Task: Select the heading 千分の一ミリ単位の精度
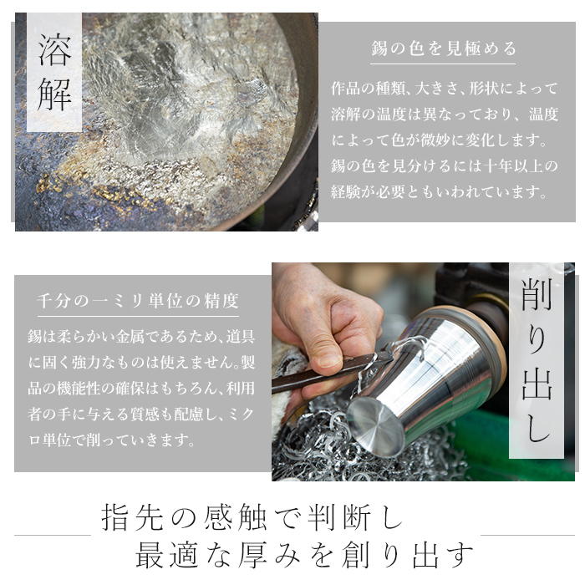point(139,300)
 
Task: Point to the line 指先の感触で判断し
point(252,518)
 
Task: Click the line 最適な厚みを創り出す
point(305,554)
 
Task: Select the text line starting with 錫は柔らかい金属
point(139,335)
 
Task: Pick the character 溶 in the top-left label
point(54,51)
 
